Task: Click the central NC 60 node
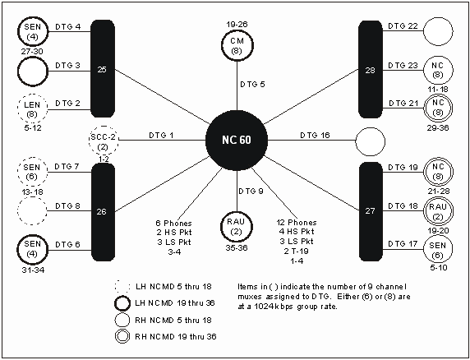pyautogui.click(x=237, y=140)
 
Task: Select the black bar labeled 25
pyautogui.click(x=103, y=69)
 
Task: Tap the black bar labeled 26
pyautogui.click(x=103, y=211)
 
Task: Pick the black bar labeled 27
pyautogui.click(x=371, y=211)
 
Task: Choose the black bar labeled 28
pyautogui.click(x=371, y=70)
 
